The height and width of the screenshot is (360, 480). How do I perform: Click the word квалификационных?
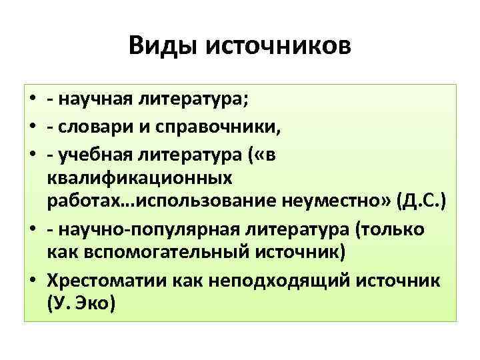pyautogui.click(x=141, y=178)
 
